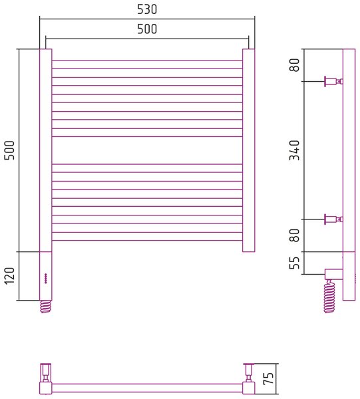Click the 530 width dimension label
(x=147, y=9)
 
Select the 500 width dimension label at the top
(x=147, y=29)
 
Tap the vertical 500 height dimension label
(x=10, y=150)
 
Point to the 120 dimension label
(x=10, y=276)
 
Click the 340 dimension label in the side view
(x=295, y=150)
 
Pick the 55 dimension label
(x=295, y=263)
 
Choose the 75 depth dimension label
(x=268, y=378)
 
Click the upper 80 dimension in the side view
(x=295, y=65)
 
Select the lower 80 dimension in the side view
(x=295, y=235)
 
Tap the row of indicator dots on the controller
(x=46, y=278)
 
